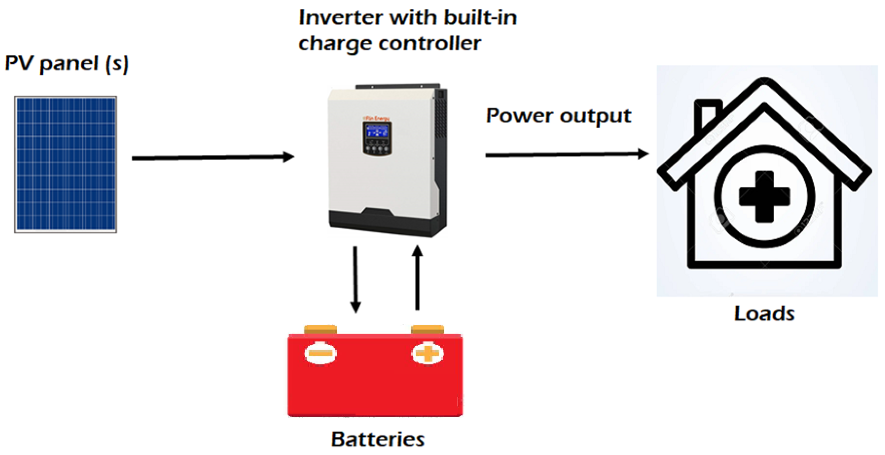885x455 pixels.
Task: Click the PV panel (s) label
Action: click(x=67, y=63)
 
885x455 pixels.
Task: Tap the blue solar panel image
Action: click(x=65, y=164)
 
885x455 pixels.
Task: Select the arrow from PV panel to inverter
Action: click(x=213, y=157)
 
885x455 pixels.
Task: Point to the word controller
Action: click(x=429, y=43)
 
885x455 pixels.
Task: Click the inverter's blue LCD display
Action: click(x=377, y=131)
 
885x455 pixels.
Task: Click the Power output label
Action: click(x=558, y=116)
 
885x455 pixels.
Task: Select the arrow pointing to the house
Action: click(x=567, y=155)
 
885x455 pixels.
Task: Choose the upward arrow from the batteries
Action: click(x=417, y=278)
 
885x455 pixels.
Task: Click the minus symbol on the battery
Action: click(x=320, y=353)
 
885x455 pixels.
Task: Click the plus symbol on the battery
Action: click(x=427, y=353)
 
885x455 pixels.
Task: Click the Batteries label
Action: click(x=377, y=439)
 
